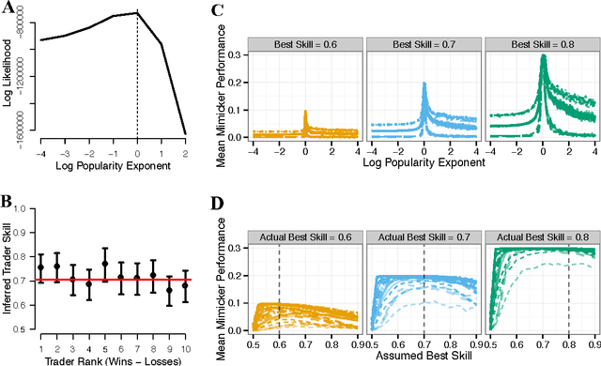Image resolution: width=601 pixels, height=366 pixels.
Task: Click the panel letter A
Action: click(x=7, y=9)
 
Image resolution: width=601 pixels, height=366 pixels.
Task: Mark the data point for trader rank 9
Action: click(x=169, y=290)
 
